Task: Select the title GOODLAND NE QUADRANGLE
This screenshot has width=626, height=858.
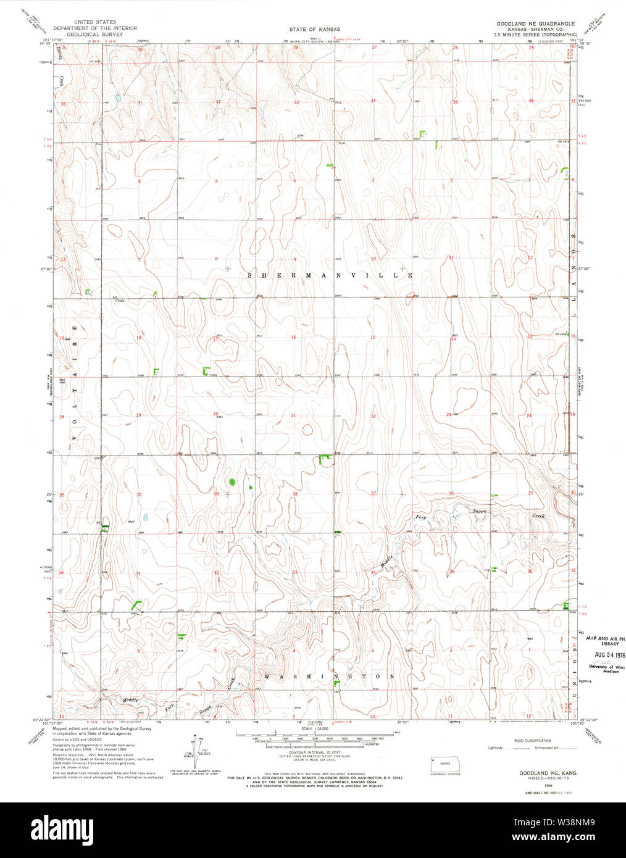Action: pos(535,23)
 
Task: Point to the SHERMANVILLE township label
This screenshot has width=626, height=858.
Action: pos(330,275)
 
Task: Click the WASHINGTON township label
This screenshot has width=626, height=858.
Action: pos(330,677)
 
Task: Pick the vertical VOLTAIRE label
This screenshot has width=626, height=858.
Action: pos(73,382)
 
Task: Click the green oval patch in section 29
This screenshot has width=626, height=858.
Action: pos(232,481)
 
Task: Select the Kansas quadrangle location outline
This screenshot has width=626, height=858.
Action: pos(445,763)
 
